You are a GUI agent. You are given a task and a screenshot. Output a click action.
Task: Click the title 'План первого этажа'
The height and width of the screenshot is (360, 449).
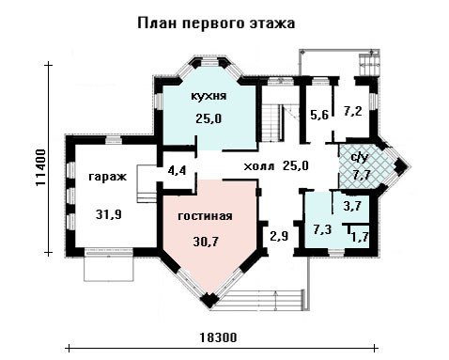[216, 23]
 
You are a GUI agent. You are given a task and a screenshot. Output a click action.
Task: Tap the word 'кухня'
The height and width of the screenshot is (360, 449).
[209, 96]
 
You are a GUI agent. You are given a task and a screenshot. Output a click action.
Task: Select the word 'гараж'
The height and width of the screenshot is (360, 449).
[107, 178]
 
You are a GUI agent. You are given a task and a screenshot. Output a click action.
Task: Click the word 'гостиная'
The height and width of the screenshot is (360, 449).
[205, 216]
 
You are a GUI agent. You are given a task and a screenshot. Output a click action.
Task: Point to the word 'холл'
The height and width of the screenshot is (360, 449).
[259, 166]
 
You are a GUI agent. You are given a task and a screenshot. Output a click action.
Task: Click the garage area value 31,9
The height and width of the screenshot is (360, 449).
[109, 214]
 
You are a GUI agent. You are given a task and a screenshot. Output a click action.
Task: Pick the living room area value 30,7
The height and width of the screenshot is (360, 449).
[206, 242]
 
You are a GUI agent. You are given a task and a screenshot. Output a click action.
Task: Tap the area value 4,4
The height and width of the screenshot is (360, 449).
[177, 171]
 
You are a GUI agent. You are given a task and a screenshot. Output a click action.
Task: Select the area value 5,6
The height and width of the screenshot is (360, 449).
[319, 116]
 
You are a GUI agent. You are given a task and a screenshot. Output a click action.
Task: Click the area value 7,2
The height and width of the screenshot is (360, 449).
[353, 112]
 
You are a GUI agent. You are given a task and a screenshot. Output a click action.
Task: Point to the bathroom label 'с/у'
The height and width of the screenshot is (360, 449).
[360, 158]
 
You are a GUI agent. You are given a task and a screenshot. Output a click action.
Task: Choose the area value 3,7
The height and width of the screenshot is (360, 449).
[352, 206]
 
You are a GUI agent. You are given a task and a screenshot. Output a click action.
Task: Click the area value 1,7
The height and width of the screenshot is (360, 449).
[360, 238]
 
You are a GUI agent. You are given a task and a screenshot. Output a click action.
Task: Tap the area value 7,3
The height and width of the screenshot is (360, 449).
[323, 230]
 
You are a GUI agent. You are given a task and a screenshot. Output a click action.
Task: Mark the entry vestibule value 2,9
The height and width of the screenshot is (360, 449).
[279, 236]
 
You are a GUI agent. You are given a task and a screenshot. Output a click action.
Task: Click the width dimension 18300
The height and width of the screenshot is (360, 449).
[218, 337]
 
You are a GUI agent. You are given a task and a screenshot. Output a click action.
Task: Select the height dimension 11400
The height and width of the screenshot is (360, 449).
[40, 167]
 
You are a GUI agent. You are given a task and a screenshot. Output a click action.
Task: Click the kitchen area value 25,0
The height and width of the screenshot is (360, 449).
[209, 118]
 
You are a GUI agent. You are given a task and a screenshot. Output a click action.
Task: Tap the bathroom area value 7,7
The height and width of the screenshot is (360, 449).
[362, 175]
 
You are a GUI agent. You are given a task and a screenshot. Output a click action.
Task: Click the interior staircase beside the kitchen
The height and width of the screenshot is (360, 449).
[273, 123]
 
